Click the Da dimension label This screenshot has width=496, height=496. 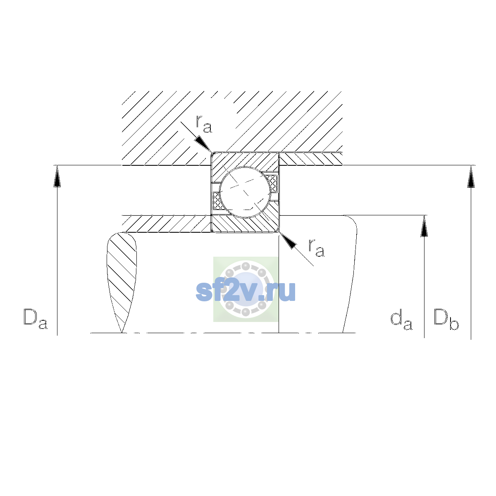click(35, 319)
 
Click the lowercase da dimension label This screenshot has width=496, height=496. click(401, 320)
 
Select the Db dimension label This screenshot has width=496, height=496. click(446, 319)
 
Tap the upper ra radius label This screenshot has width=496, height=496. click(204, 124)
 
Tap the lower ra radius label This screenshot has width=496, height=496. click(316, 248)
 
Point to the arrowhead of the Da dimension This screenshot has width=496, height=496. click(57, 176)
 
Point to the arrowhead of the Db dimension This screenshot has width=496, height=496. click(471, 176)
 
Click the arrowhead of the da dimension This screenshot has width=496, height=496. click(424, 226)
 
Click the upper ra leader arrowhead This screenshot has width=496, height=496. click(203, 144)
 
